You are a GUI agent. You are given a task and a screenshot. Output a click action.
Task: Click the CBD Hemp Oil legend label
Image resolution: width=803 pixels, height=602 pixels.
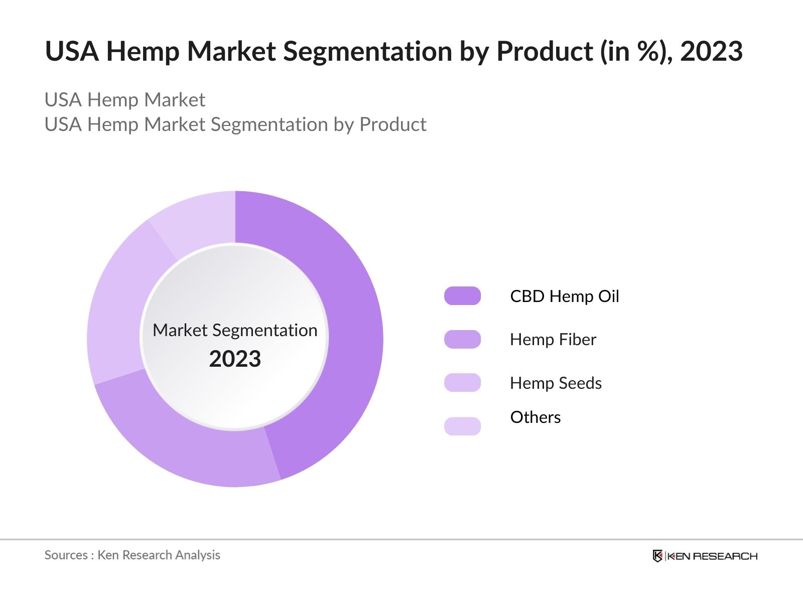tap(564, 296)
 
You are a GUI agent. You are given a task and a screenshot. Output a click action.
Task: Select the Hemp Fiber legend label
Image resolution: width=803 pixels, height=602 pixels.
tap(553, 340)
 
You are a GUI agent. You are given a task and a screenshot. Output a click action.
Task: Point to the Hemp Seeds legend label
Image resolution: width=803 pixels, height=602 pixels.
tap(556, 383)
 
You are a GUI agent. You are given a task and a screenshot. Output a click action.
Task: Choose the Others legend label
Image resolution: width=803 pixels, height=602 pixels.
tap(535, 417)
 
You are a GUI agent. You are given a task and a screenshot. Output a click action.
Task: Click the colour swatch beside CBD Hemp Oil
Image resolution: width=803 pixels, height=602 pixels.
tap(462, 296)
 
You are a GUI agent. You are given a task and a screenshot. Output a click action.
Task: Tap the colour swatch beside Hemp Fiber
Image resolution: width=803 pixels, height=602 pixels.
tap(462, 340)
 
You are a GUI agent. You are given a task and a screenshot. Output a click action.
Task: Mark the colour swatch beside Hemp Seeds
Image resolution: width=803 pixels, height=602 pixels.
tap(462, 383)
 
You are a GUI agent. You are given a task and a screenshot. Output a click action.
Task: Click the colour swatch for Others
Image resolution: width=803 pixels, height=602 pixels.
tap(462, 426)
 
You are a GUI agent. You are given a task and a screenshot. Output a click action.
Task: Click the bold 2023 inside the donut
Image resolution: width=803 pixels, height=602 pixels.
tap(235, 359)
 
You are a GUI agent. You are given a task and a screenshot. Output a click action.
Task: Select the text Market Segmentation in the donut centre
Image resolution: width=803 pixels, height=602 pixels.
tap(235, 330)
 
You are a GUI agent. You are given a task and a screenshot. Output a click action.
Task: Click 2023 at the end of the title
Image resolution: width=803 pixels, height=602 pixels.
tap(711, 52)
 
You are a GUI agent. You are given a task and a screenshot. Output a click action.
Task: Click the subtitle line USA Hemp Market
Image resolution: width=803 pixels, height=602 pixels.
tap(124, 100)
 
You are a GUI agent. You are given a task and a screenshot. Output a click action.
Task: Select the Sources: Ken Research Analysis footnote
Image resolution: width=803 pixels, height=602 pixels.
tap(132, 555)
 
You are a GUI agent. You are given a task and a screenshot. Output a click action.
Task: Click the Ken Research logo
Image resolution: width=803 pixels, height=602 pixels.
tap(705, 556)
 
